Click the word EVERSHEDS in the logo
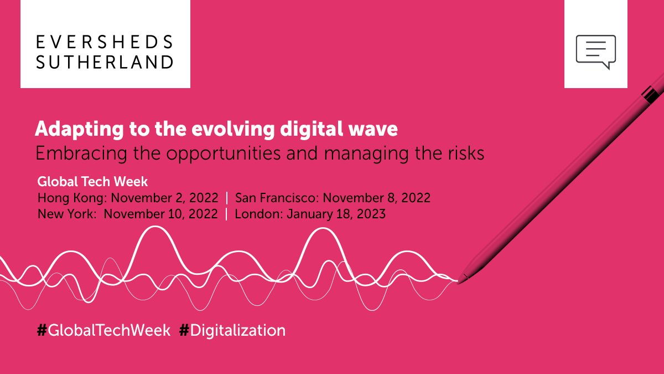[105, 42]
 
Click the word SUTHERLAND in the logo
[105, 62]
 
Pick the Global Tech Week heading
[92, 181]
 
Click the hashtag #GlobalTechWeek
[103, 331]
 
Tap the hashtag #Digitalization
[232, 331]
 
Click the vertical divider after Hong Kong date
[227, 198]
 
